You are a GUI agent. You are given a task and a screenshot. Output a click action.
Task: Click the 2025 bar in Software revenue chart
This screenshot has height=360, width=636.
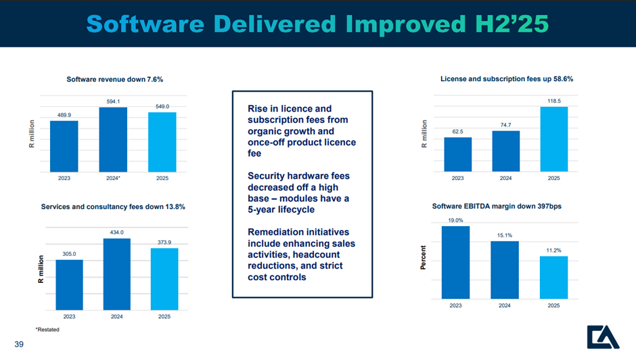[x=162, y=142]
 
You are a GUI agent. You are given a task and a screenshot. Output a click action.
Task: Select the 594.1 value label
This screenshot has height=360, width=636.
[x=113, y=102]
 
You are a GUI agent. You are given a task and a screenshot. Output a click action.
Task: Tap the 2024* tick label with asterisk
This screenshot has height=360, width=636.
[x=113, y=178]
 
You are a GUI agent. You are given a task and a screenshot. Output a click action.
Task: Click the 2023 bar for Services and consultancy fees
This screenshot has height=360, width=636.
[x=70, y=285]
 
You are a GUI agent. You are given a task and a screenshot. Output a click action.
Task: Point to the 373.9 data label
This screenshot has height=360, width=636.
[x=164, y=242]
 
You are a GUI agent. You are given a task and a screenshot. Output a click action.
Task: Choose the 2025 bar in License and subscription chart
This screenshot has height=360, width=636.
[x=554, y=139]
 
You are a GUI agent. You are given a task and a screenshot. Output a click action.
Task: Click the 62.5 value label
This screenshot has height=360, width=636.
[x=457, y=131]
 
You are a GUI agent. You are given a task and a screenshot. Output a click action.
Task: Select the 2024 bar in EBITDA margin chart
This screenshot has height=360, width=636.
[x=505, y=270]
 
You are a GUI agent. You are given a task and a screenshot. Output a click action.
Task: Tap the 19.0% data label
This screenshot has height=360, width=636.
[x=455, y=221]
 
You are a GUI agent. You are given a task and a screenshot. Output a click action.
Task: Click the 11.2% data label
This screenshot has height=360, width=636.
[x=553, y=250]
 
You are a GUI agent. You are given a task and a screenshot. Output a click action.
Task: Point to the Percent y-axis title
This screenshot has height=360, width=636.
[x=423, y=258]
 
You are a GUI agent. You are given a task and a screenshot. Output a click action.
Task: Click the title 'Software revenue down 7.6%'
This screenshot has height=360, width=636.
[x=115, y=80]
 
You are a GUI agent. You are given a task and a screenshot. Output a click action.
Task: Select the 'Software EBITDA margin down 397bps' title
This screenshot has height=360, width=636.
[x=497, y=206]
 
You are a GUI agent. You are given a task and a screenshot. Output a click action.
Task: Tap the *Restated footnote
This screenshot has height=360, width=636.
[x=47, y=330]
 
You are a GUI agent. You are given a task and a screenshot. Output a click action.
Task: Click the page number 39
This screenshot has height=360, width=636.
[x=19, y=344]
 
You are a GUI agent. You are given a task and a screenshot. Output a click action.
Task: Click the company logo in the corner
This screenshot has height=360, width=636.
[x=603, y=337]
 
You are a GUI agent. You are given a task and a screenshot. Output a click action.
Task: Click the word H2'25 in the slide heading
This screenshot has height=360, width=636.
[x=512, y=24]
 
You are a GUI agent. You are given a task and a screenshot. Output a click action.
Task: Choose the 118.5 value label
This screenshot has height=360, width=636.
[x=554, y=101]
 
